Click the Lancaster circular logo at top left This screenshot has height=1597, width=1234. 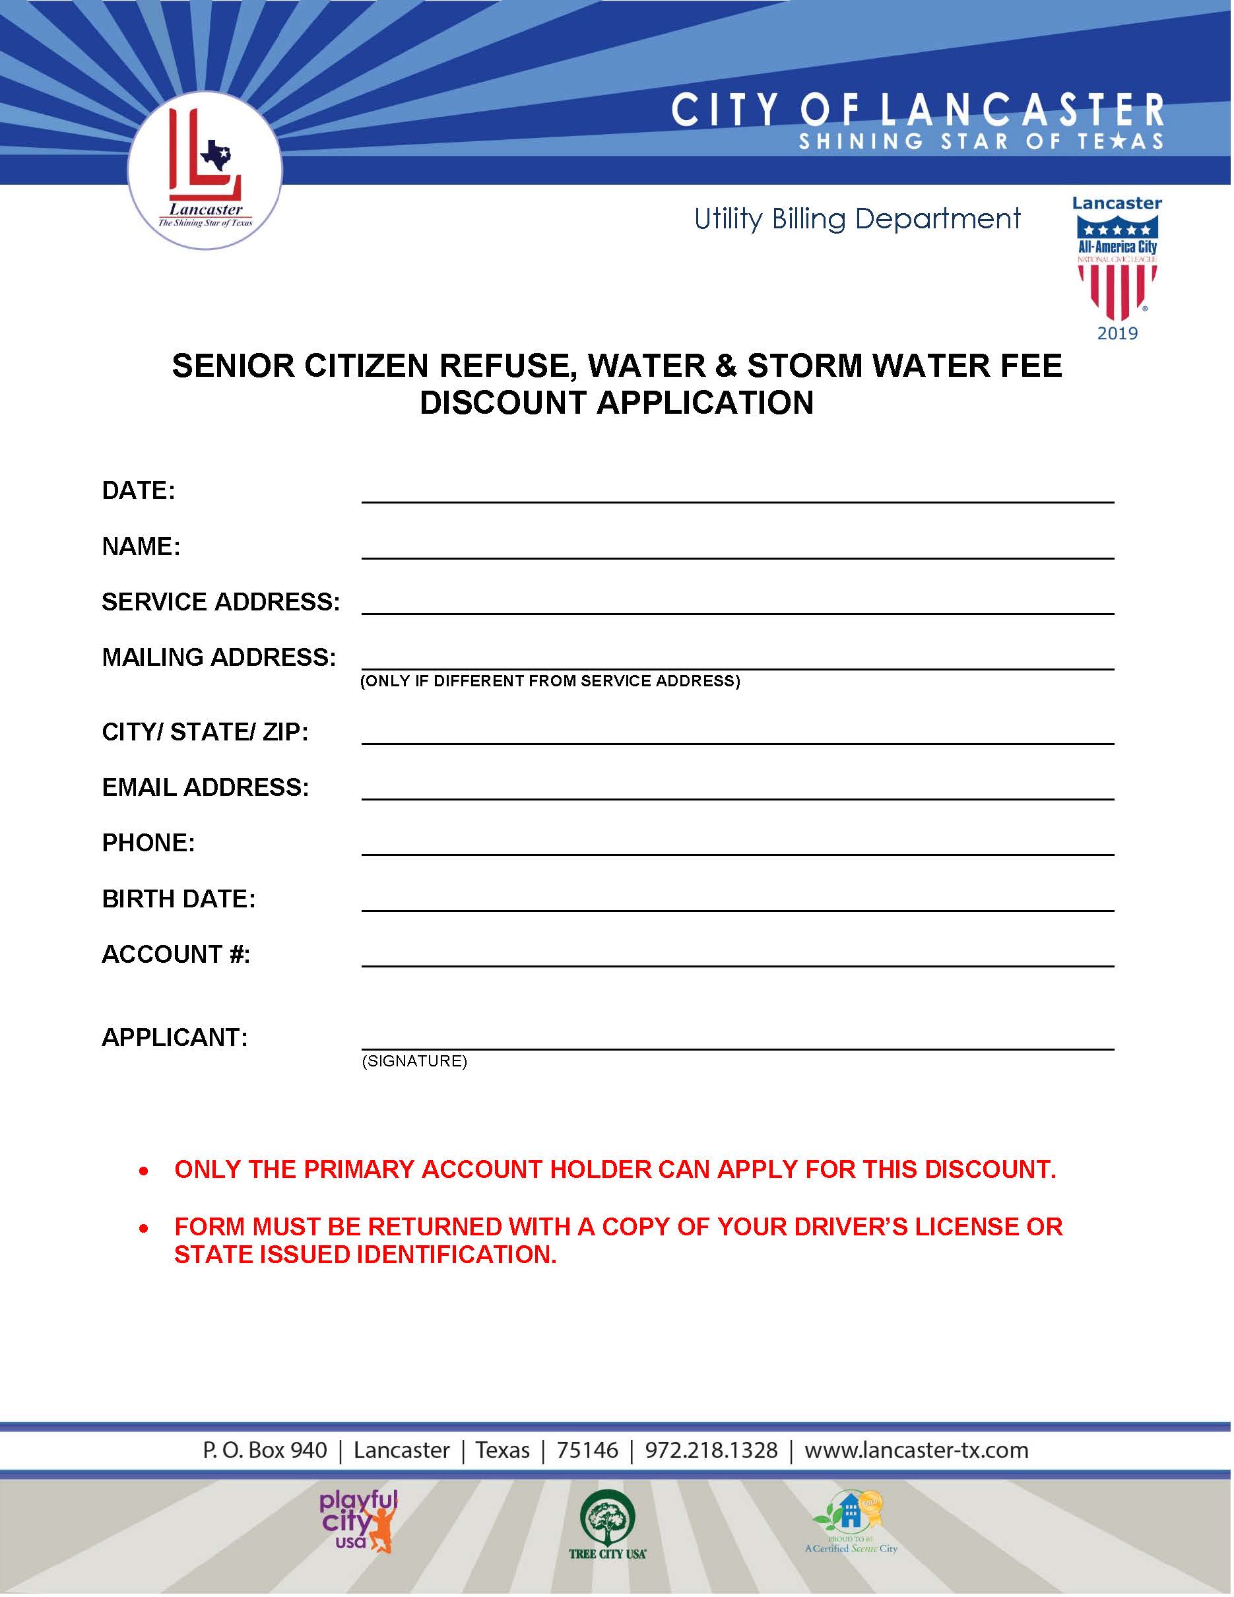pyautogui.click(x=205, y=170)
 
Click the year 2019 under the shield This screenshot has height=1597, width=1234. pyautogui.click(x=1117, y=334)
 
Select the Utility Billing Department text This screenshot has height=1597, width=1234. pyautogui.click(x=857, y=218)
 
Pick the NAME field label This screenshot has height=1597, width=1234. pyautogui.click(x=141, y=546)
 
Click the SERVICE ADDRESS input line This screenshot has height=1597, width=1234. pyautogui.click(x=737, y=604)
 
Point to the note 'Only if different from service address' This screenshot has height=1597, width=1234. pyautogui.click(x=550, y=682)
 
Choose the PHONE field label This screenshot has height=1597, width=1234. pyautogui.click(x=148, y=843)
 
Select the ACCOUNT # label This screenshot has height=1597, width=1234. pyautogui.click(x=176, y=954)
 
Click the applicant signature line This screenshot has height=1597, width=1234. pyautogui.click(x=737, y=1039)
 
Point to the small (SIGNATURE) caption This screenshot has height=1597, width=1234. pyautogui.click(x=414, y=1061)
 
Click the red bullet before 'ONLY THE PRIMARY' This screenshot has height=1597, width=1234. pyautogui.click(x=144, y=1171)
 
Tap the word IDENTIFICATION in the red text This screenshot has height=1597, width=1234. pyautogui.click(x=456, y=1255)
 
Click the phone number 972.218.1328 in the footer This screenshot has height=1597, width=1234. pyautogui.click(x=711, y=1450)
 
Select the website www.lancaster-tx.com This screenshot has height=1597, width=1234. pyautogui.click(x=916, y=1450)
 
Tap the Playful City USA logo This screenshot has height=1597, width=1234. pyautogui.click(x=358, y=1521)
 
